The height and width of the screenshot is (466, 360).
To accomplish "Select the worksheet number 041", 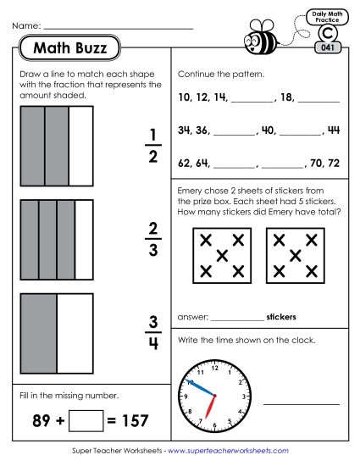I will pyautogui.click(x=327, y=48).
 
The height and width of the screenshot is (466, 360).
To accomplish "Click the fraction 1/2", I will pyautogui.click(x=153, y=145).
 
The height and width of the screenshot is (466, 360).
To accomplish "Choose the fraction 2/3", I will pyautogui.click(x=153, y=239).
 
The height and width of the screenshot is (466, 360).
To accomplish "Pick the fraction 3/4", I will pyautogui.click(x=153, y=332).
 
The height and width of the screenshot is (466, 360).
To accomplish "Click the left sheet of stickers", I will pyautogui.click(x=222, y=255).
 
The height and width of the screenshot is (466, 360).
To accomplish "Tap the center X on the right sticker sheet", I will pyautogui.click(x=296, y=255).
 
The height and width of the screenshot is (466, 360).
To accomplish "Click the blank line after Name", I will pyautogui.click(x=118, y=28).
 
